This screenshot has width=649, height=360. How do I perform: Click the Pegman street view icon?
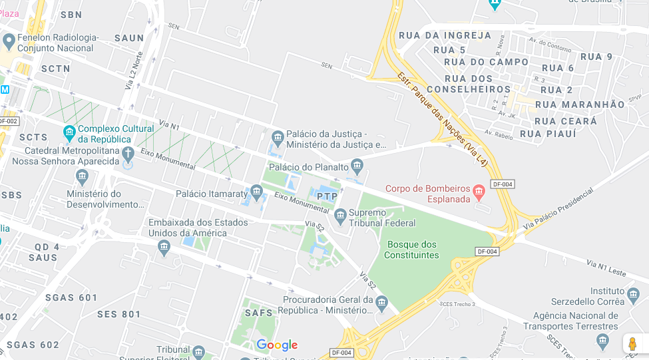[632, 344]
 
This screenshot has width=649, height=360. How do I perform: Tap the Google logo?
[277, 345]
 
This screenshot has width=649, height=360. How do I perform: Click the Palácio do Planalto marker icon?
[357, 165]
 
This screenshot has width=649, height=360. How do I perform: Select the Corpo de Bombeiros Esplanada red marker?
[479, 193]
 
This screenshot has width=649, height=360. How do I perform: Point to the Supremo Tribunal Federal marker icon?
[340, 214]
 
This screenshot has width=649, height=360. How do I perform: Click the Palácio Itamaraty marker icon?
[256, 192]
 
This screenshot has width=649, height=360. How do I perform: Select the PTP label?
[327, 196]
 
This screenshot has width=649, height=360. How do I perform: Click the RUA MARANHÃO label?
[580, 104]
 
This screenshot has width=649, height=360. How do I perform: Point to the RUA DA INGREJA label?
[445, 35]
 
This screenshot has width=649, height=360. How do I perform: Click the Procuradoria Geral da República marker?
[381, 303]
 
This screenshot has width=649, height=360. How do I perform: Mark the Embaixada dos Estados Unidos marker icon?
[164, 248]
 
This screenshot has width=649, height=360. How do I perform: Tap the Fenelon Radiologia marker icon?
[9, 42]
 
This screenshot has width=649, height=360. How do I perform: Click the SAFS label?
[259, 313]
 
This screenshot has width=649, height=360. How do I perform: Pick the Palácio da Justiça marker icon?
[278, 138]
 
